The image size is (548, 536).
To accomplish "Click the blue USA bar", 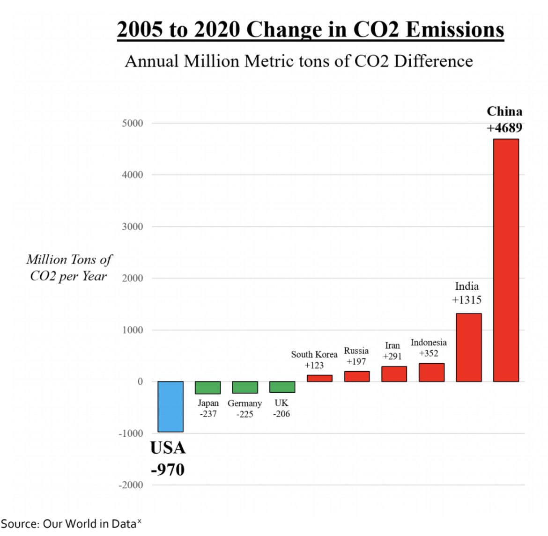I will pyautogui.click(x=170, y=406).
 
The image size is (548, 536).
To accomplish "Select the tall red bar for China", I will pyautogui.click(x=506, y=260).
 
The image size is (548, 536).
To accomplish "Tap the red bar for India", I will pyautogui.click(x=468, y=347).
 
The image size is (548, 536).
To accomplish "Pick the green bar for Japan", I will pyautogui.click(x=207, y=388).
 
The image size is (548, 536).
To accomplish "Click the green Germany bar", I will pyautogui.click(x=244, y=387).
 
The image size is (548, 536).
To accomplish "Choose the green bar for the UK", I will pyautogui.click(x=282, y=387).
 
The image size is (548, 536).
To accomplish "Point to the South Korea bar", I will pyautogui.click(x=319, y=378).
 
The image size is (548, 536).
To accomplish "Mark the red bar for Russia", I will pyautogui.click(x=356, y=376).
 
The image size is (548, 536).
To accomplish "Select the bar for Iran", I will pyautogui.click(x=394, y=374).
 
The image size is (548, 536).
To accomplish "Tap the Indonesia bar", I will pyautogui.click(x=431, y=373).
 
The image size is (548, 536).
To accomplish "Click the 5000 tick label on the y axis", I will pyautogui.click(x=132, y=123).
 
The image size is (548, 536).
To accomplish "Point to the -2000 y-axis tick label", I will pyautogui.click(x=131, y=485).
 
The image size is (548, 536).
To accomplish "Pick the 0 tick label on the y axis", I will pyautogui.click(x=140, y=382).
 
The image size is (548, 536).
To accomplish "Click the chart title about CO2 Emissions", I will pyautogui.click(x=310, y=29).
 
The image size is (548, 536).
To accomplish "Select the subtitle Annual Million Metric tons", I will pyautogui.click(x=299, y=61).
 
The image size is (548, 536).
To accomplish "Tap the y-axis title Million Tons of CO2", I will pyautogui.click(x=69, y=268).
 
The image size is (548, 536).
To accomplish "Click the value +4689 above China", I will pyautogui.click(x=504, y=128).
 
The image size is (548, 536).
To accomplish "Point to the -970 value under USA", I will pyautogui.click(x=168, y=469).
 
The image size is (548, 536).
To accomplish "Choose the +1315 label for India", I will pyautogui.click(x=467, y=300).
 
